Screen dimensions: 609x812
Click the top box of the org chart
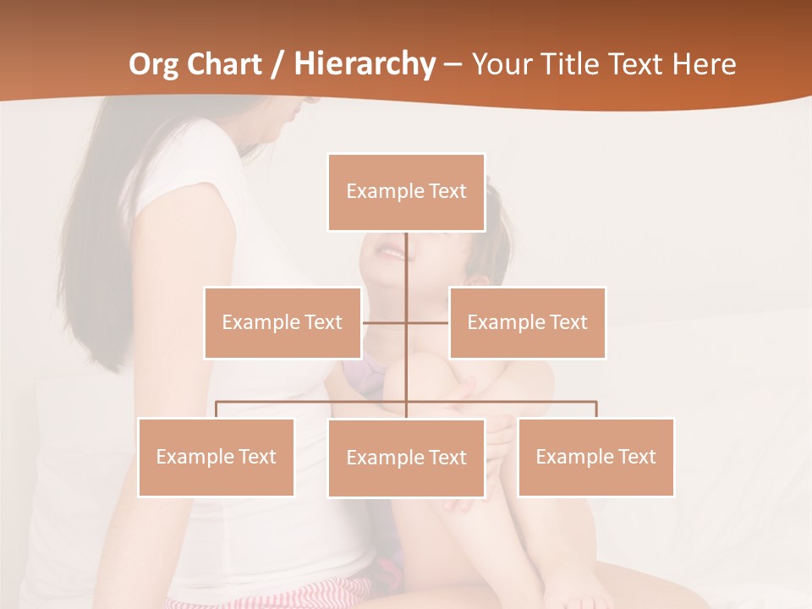click(406, 192)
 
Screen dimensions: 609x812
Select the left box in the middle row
click(282, 322)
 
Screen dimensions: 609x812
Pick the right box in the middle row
click(527, 322)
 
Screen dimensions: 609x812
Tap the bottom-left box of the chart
click(216, 457)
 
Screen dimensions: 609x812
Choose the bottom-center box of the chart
click(406, 458)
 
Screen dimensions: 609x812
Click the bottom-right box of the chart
click(595, 457)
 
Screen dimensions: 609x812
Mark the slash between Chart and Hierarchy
click(277, 64)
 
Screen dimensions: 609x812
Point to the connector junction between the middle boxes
click(406, 322)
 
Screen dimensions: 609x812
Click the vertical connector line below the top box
click(406, 262)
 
